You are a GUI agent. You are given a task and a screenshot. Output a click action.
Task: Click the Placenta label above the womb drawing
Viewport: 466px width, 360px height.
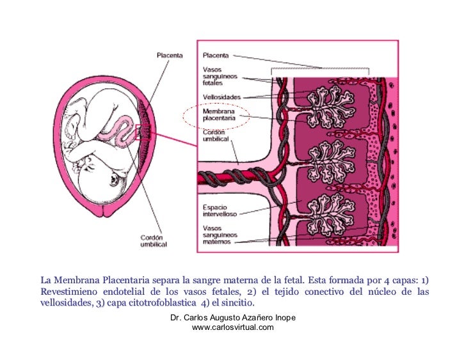pos(170,55)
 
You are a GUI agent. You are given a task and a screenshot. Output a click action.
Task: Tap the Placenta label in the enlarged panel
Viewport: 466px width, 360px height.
pos(216,55)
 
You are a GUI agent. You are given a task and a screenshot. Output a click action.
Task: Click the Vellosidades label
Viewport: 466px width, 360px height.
pos(221,97)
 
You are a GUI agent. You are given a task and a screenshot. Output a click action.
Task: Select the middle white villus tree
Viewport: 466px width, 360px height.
pos(326,161)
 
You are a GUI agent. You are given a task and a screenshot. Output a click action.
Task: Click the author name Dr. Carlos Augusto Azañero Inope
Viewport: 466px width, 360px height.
pos(232,318)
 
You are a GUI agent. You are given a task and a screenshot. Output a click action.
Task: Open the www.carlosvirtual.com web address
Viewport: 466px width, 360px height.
pos(232,327)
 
